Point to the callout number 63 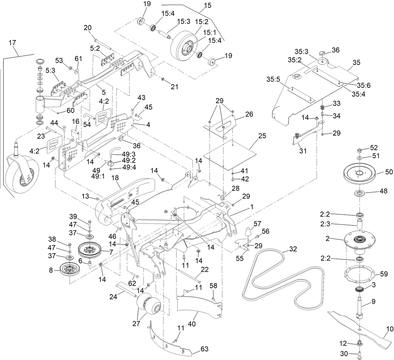[x=205, y=349]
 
